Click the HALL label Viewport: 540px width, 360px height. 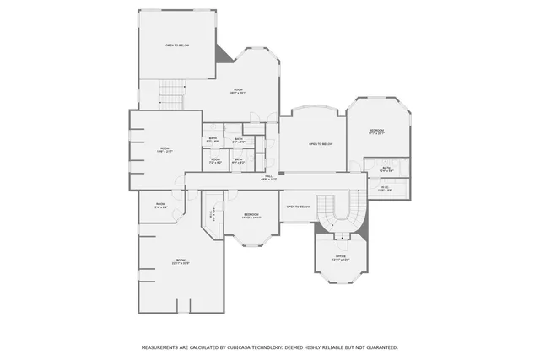(269, 178)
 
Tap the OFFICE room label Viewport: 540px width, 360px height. (341, 257)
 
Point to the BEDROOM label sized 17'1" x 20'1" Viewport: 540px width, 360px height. (376, 132)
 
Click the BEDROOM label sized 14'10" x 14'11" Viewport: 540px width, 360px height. (251, 216)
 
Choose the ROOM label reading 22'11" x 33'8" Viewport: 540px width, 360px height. (181, 261)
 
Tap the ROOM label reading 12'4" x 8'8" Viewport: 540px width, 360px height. (160, 205)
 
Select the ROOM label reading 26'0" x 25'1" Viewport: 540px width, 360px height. (239, 92)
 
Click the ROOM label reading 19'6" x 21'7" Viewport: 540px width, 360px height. (165, 151)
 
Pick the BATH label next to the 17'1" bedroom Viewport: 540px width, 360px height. (386, 169)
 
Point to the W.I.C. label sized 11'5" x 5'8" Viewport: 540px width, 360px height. (384, 189)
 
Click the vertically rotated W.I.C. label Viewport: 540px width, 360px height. (213, 215)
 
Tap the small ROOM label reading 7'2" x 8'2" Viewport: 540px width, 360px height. (215, 160)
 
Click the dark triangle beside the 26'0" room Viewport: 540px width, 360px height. (224, 53)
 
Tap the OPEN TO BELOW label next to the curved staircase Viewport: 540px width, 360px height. (299, 207)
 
